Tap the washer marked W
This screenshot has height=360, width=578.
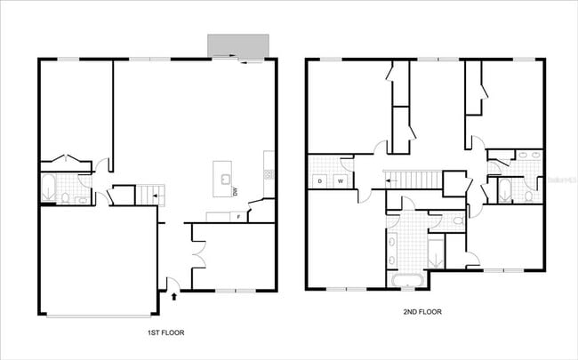tap(340, 181)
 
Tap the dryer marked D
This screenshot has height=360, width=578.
tap(319, 181)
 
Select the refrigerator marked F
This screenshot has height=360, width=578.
tap(238, 216)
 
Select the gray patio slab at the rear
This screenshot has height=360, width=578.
tap(237, 44)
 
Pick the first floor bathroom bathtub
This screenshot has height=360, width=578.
tap(49, 188)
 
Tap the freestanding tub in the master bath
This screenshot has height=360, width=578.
tap(405, 283)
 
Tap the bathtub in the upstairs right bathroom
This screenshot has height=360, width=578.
tap(504, 189)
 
